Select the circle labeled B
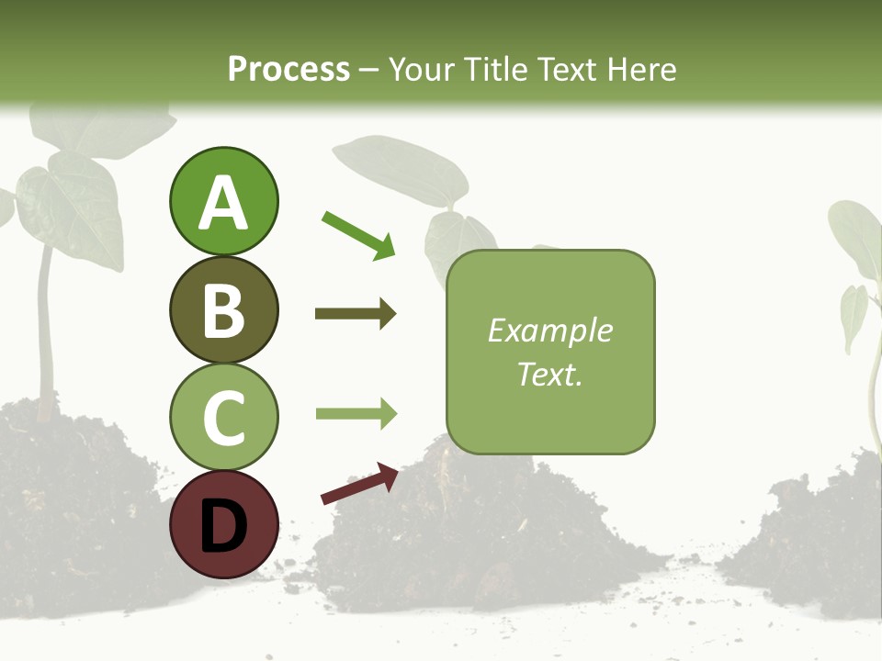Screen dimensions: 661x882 click(x=223, y=309)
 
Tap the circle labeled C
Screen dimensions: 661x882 click(x=223, y=417)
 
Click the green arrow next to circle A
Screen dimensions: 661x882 click(x=358, y=233)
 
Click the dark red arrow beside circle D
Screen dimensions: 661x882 click(x=359, y=484)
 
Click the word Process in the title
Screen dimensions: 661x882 click(x=288, y=70)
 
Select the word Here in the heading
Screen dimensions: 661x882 click(x=642, y=70)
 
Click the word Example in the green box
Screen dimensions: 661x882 click(x=550, y=331)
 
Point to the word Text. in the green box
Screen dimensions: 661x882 click(x=550, y=374)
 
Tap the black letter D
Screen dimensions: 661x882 click(x=223, y=526)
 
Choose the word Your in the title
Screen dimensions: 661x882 click(x=424, y=70)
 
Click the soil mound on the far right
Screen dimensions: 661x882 click(x=808, y=551)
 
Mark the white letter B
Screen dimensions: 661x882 click(x=223, y=310)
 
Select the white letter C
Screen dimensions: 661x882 click(x=223, y=418)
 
